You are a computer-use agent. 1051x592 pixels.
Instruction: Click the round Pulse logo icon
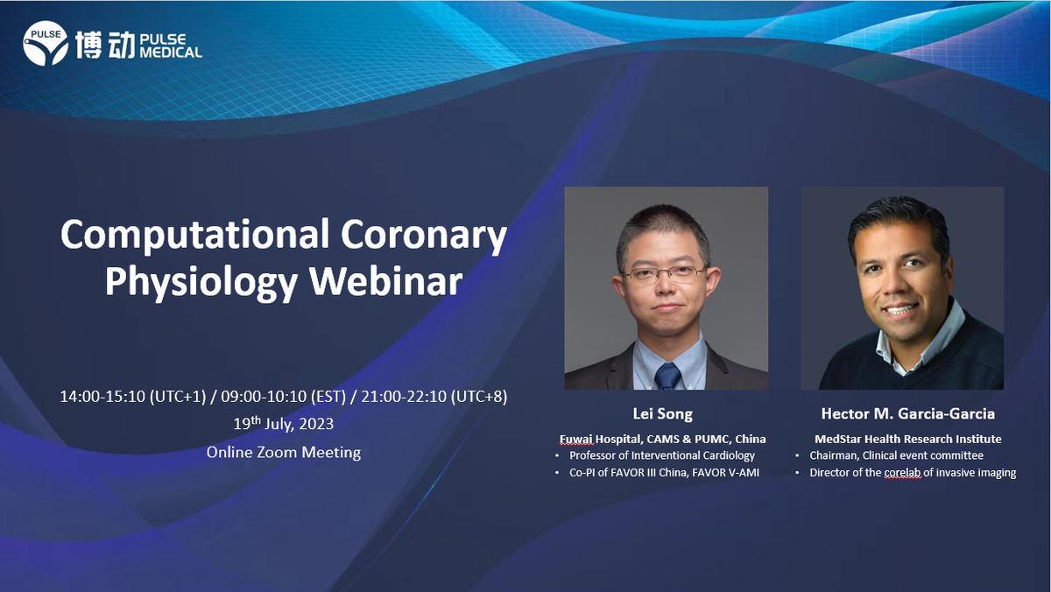46,43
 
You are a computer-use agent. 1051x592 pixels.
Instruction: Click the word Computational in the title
195,234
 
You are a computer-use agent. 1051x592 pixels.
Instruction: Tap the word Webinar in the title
385,281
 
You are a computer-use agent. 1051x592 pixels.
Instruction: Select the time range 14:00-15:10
102,397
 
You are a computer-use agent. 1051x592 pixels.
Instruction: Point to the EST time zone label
328,397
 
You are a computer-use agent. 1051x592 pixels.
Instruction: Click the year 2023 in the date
316,424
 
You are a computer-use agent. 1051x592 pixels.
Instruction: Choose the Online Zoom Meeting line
284,452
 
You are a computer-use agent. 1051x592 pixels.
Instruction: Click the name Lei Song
662,413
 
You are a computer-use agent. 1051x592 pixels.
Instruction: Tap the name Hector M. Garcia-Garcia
908,413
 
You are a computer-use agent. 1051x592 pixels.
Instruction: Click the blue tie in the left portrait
667,377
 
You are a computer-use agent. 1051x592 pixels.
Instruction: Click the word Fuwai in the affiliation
576,439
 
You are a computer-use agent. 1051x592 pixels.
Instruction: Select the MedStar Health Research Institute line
908,439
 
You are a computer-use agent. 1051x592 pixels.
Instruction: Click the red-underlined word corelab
902,472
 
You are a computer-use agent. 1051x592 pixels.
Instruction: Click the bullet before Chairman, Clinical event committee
797,455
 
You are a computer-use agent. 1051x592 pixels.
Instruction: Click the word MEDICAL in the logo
171,52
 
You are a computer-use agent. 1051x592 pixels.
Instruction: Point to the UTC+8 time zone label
479,397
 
